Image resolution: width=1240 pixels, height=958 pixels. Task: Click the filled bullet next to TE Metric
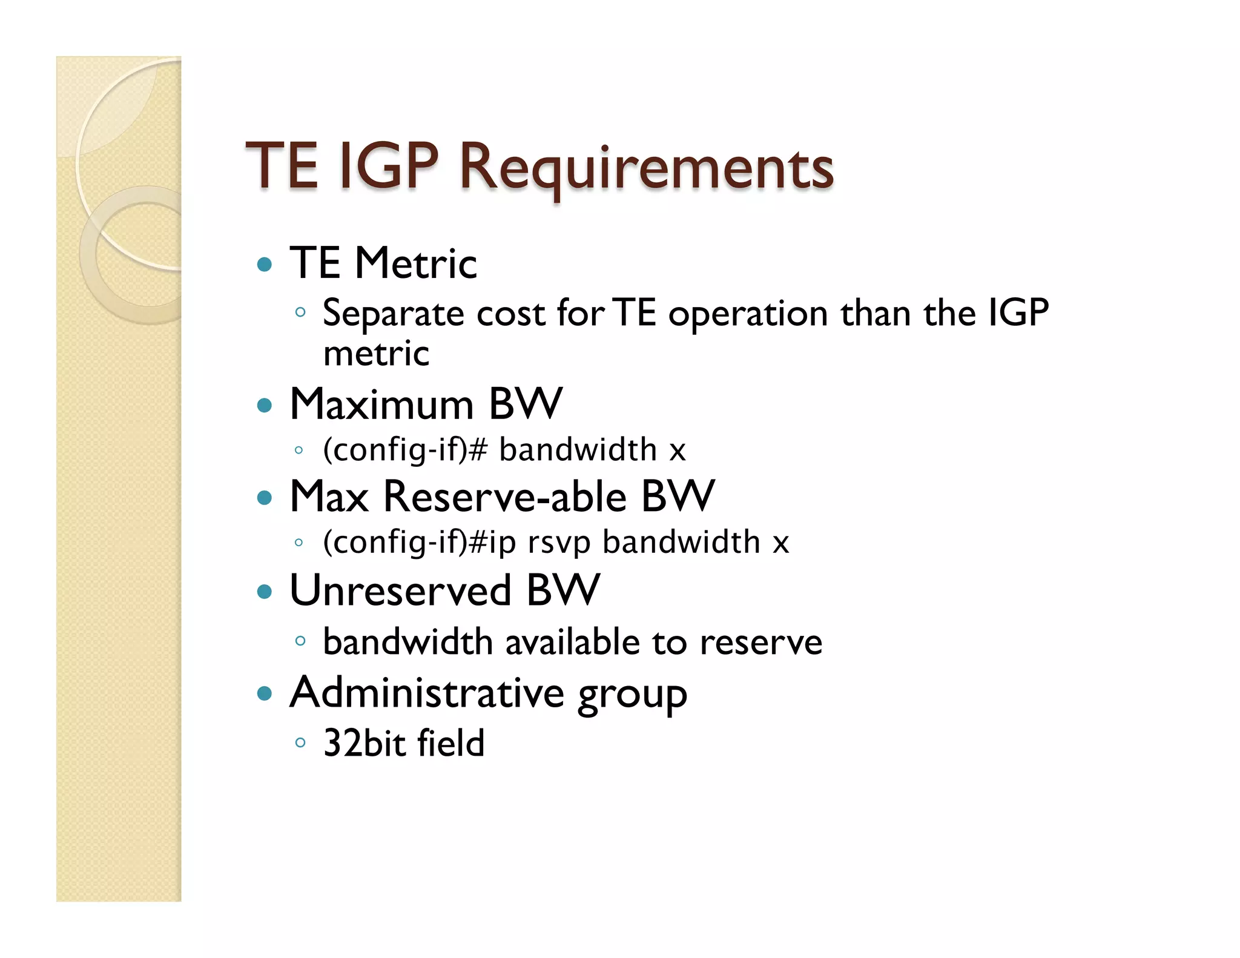(x=265, y=265)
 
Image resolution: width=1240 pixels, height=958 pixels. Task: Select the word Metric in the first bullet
(x=416, y=264)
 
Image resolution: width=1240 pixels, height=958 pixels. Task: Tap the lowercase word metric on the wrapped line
(x=376, y=354)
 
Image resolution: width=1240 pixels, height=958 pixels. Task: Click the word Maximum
(x=381, y=405)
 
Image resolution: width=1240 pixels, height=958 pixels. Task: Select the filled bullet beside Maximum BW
(x=265, y=405)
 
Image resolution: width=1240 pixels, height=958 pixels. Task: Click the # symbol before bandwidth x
(x=477, y=450)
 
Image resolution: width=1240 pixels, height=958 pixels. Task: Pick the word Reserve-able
(x=505, y=497)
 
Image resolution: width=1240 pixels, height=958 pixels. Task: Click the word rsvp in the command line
(x=558, y=543)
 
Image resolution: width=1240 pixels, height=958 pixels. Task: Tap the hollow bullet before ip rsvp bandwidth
(x=298, y=543)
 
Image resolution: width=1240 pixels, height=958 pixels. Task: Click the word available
(x=572, y=643)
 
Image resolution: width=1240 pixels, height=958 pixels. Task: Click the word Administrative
(x=427, y=693)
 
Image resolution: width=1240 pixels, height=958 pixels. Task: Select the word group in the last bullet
(x=632, y=695)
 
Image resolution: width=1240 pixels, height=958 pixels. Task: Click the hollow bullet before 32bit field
(x=300, y=742)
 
